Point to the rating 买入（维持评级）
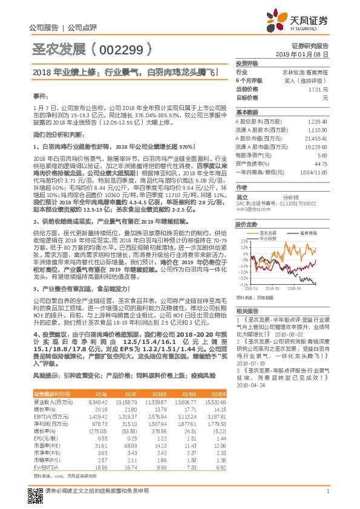click(309, 80)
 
